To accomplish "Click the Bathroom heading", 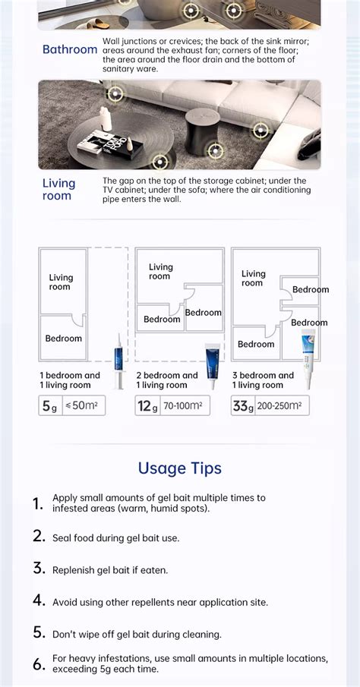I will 69,50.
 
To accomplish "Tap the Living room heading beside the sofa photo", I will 58,190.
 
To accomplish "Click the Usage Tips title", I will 180,468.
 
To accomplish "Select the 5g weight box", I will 49,406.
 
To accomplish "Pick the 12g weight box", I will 147,406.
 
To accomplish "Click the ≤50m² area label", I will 84,406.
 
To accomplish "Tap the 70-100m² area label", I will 182,406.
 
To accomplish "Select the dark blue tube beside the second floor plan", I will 212,364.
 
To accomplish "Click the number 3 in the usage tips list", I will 39,568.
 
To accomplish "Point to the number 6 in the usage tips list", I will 39,664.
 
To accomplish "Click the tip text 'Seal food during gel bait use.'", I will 115,537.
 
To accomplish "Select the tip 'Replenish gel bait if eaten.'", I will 110,569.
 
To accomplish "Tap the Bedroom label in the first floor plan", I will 64,339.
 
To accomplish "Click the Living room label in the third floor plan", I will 254,278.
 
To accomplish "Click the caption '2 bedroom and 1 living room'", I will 167,380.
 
